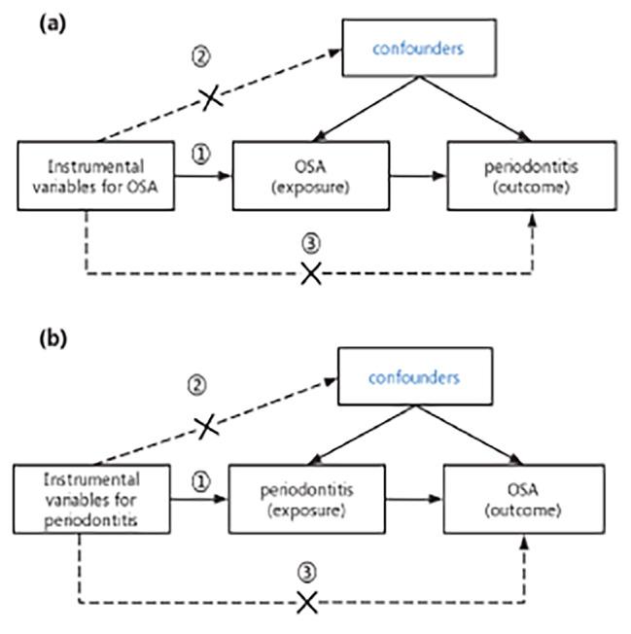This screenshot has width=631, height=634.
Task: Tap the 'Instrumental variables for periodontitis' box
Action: [x=90, y=497]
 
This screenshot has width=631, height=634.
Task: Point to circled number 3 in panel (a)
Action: [x=312, y=244]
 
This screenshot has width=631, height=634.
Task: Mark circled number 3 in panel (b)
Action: [x=307, y=572]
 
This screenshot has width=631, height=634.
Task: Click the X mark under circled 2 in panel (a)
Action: [x=211, y=97]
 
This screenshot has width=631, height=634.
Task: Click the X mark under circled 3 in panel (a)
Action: [x=311, y=273]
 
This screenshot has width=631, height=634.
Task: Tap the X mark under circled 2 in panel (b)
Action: [x=205, y=426]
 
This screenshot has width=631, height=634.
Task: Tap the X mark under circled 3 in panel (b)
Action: [x=307, y=603]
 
